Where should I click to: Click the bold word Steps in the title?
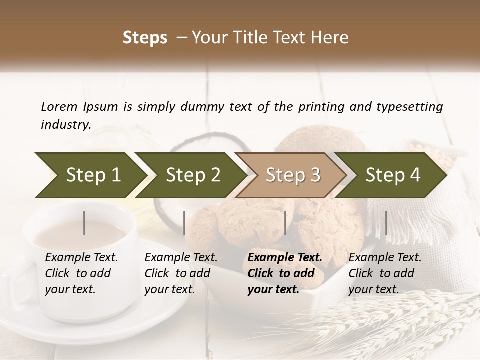tap(145, 38)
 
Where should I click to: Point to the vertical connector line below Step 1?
tap(84, 223)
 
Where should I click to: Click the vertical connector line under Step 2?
tap(184, 223)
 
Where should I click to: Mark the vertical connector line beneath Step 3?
tap(285, 223)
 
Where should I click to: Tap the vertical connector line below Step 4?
tap(386, 223)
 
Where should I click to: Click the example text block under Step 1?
tap(81, 273)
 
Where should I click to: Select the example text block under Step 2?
tap(181, 273)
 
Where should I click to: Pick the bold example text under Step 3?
tap(285, 273)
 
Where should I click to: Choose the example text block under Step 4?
tap(385, 273)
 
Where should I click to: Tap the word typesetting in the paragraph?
tap(410, 106)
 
